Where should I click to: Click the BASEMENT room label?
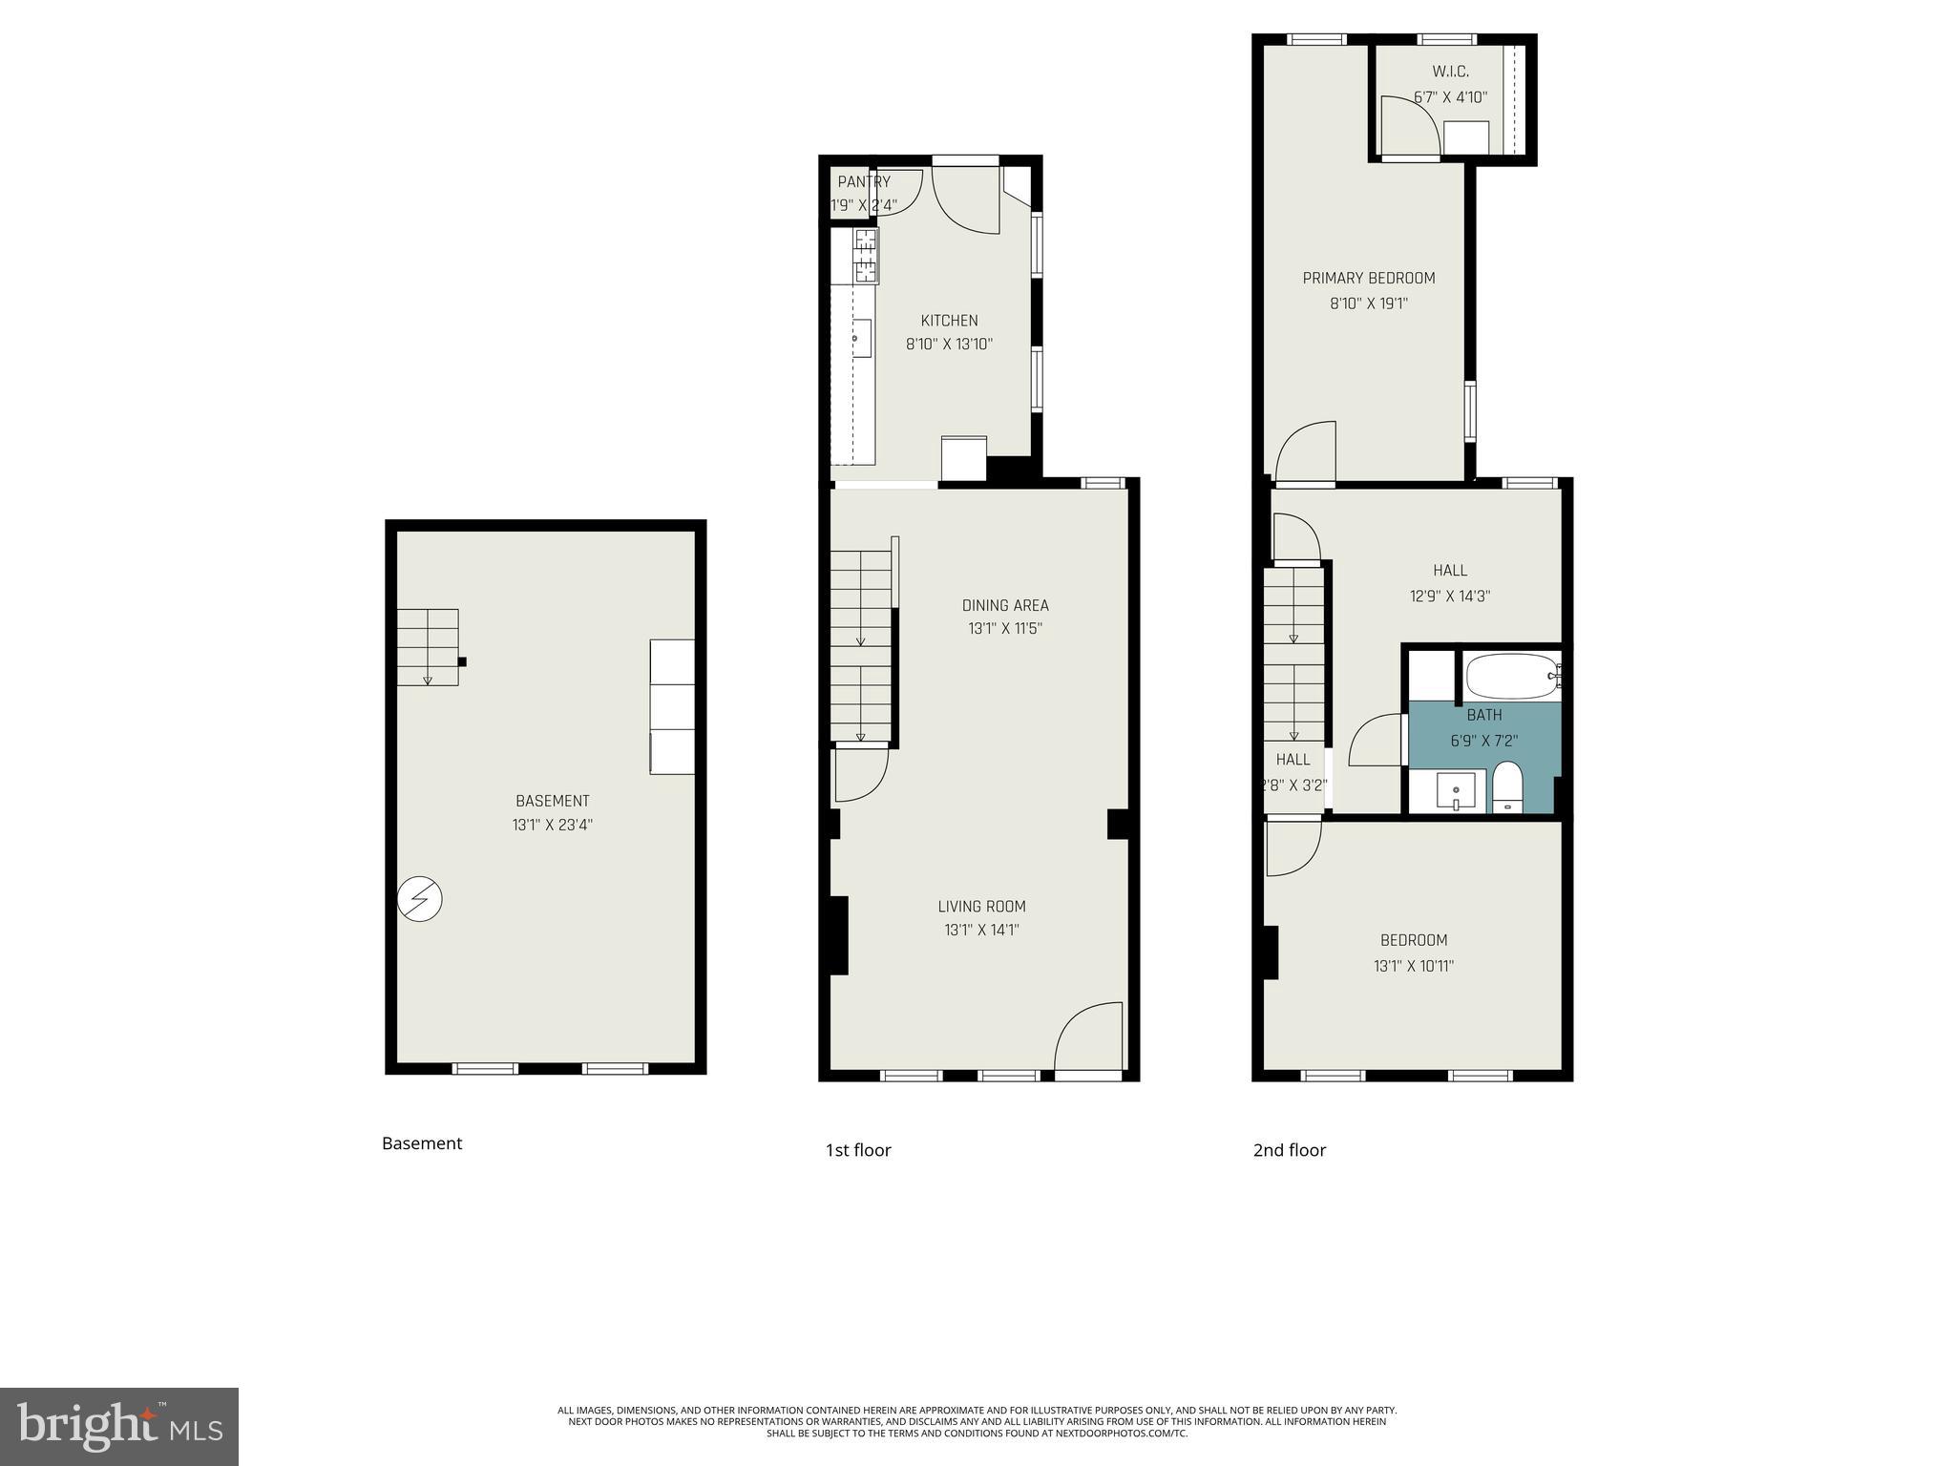click(552, 801)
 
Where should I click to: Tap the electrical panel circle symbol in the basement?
click(419, 899)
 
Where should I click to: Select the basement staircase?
click(428, 647)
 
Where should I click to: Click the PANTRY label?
click(864, 181)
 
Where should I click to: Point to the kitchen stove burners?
click(866, 256)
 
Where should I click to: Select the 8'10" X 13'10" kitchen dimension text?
click(949, 345)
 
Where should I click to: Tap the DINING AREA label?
click(1004, 605)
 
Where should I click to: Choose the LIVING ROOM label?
click(981, 907)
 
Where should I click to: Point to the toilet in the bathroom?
click(1507, 787)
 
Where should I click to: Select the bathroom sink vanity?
click(1456, 791)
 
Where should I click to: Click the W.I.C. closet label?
click(1450, 72)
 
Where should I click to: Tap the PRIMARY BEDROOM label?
click(1368, 278)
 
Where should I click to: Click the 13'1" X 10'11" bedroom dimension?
click(1413, 966)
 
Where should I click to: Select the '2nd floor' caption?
click(1289, 1150)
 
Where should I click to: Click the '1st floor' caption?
click(858, 1150)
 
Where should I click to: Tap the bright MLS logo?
click(119, 1427)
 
